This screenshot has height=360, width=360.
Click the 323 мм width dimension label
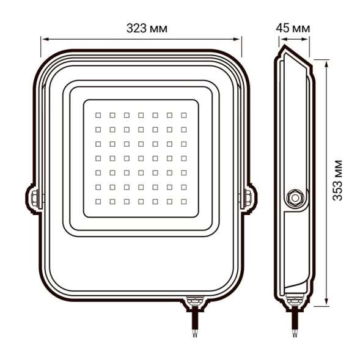click(x=146, y=29)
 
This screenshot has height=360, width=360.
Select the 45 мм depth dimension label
click(x=293, y=29)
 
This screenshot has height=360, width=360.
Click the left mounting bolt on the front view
click(x=35, y=197)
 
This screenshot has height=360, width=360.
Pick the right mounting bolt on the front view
click(x=248, y=197)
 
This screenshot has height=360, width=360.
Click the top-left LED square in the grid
click(x=99, y=114)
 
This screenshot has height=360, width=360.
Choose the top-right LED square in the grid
click(x=183, y=114)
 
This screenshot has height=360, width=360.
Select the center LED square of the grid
click(x=141, y=157)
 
